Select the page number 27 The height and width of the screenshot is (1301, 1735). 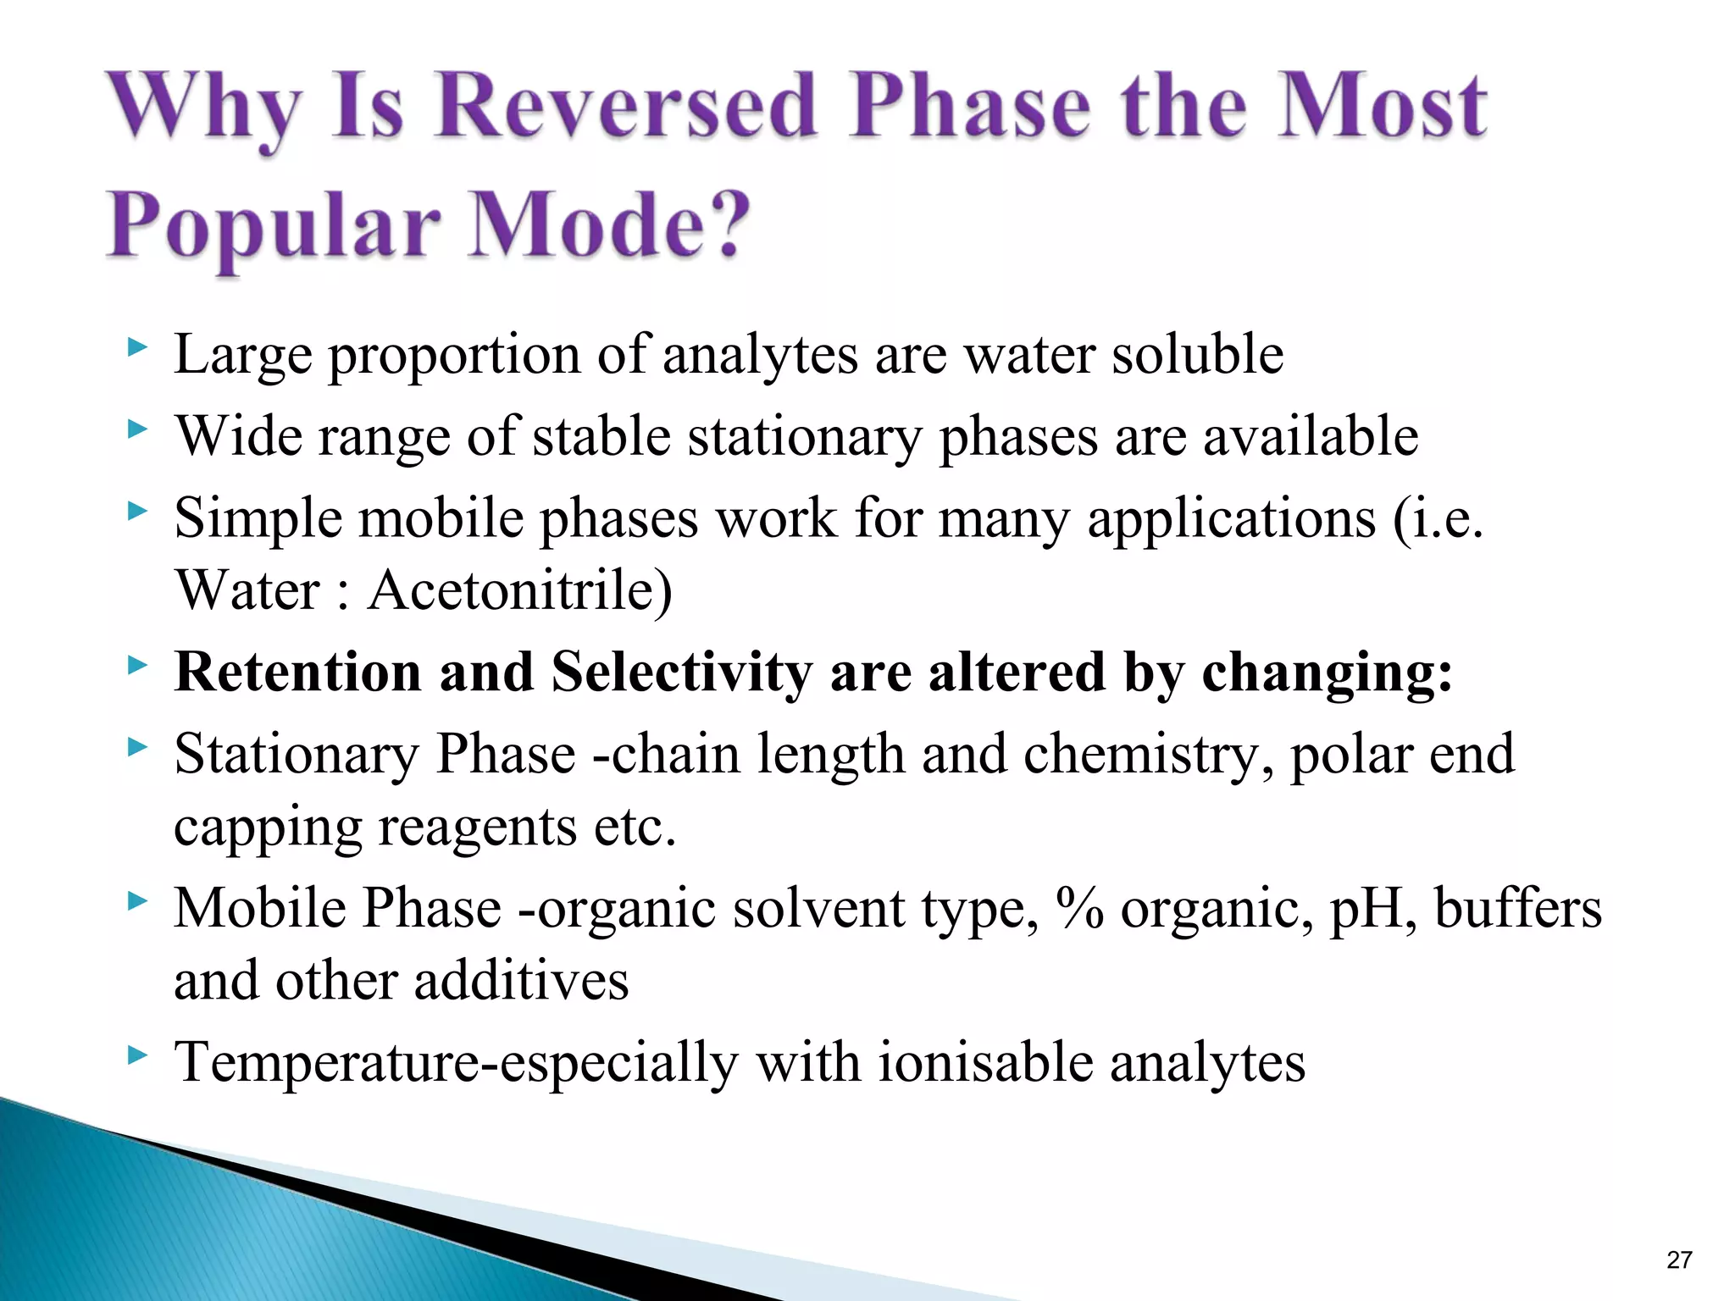(1678, 1259)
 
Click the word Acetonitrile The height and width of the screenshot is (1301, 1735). (519, 590)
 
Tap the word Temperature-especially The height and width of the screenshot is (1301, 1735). (456, 1062)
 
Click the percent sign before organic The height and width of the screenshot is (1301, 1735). (1079, 909)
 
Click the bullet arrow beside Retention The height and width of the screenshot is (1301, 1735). (137, 666)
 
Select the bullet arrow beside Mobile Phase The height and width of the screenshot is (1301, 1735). (137, 902)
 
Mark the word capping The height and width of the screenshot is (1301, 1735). (268, 828)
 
